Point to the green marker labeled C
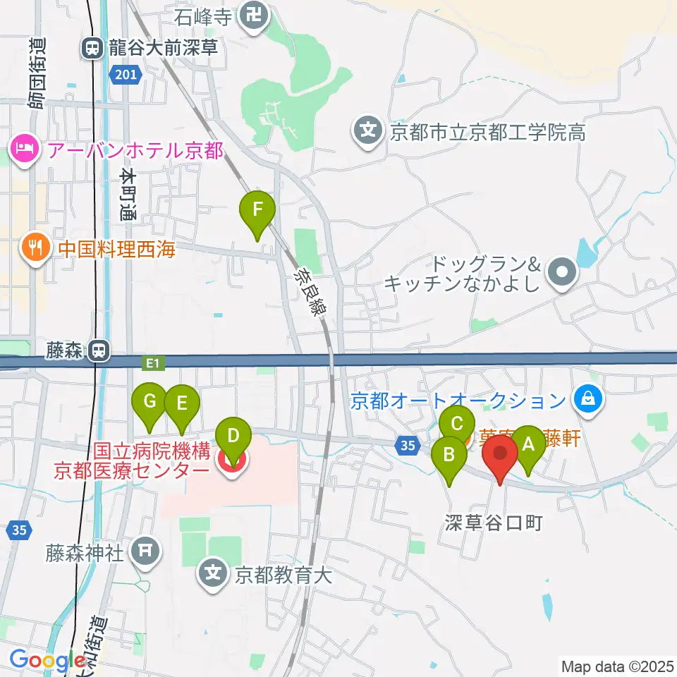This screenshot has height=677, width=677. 456,425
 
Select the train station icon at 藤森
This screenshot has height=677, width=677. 102,350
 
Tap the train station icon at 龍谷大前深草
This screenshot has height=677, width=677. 92,48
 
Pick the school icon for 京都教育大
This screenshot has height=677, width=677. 214,573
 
